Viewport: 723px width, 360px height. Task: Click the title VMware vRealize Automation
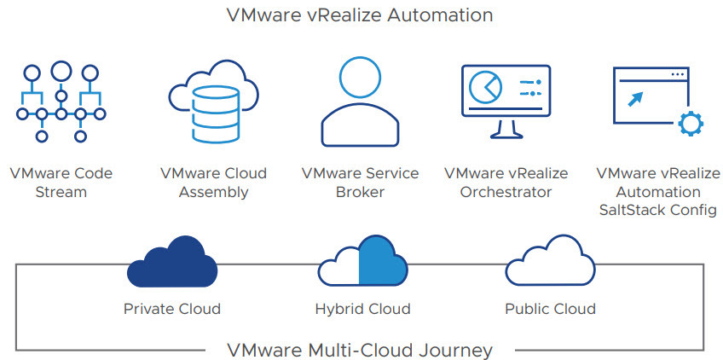(x=360, y=15)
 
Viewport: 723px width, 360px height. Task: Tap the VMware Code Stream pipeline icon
(x=60, y=102)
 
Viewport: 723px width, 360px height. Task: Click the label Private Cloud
(x=171, y=309)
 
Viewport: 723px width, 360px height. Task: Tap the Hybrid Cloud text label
(x=361, y=309)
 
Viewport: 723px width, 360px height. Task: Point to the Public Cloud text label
(x=550, y=309)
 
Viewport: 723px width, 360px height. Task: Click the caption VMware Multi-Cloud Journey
(x=360, y=350)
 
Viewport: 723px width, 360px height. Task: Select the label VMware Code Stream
(x=61, y=183)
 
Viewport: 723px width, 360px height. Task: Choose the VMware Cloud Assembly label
(x=213, y=183)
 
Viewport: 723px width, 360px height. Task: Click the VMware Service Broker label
(x=360, y=183)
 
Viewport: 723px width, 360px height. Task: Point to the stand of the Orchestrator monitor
(x=506, y=129)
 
